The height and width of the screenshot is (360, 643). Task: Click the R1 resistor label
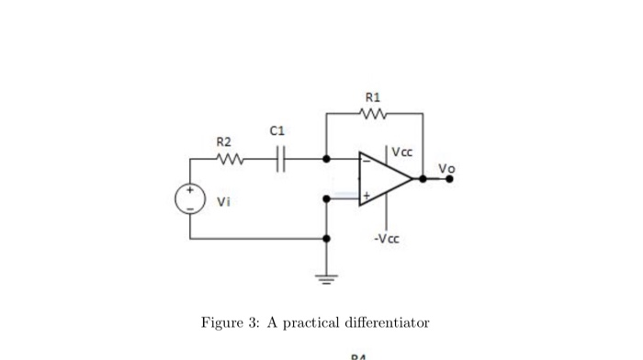click(373, 97)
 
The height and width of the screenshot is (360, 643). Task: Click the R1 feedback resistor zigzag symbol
click(374, 115)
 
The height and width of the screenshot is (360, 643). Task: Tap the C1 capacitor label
click(277, 132)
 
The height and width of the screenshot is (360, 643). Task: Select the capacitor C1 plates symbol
click(281, 158)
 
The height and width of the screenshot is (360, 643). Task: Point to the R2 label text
click(224, 141)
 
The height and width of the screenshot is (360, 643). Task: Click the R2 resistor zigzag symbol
click(229, 159)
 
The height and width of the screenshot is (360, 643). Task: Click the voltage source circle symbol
click(190, 200)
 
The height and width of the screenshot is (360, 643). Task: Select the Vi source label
click(223, 201)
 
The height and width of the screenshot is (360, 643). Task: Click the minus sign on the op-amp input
click(366, 163)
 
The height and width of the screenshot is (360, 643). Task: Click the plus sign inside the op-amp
click(366, 196)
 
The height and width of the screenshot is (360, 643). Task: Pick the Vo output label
click(446, 168)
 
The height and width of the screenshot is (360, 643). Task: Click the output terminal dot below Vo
click(450, 179)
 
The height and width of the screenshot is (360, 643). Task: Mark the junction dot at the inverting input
click(327, 158)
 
